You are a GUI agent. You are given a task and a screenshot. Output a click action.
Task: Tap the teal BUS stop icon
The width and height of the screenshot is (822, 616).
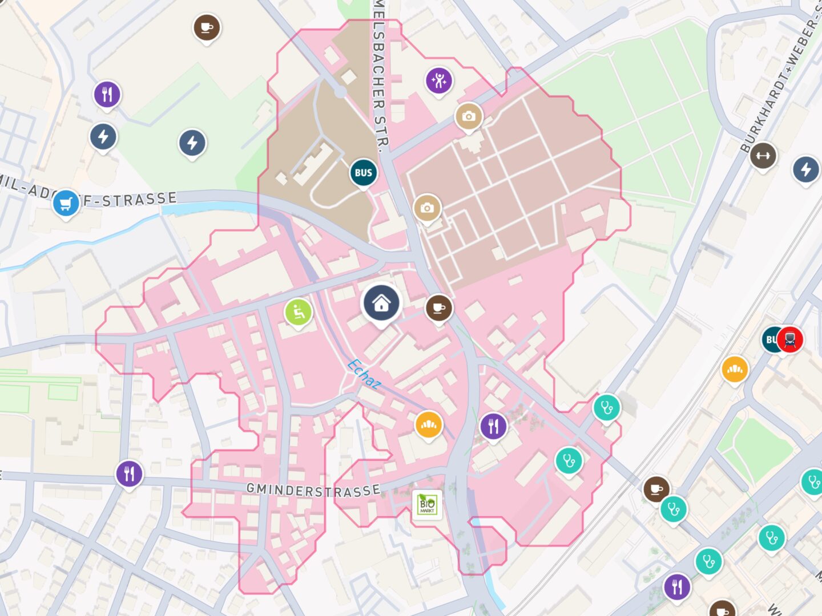click(363, 173)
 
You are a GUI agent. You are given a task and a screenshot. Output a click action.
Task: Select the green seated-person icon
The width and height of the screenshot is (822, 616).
click(298, 312)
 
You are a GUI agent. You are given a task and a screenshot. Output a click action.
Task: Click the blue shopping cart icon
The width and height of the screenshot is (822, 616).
click(66, 203)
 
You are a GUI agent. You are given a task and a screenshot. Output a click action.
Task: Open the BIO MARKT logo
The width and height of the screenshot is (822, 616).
click(427, 505)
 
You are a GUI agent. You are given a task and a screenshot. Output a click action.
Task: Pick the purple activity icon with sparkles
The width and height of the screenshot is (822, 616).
click(439, 81)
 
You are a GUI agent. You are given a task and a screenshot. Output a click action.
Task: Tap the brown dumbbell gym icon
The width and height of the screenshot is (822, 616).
click(763, 155)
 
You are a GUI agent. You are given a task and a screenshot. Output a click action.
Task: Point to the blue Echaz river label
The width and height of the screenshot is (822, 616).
click(364, 374)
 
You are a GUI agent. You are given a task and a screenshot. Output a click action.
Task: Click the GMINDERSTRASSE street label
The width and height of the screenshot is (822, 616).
click(313, 490)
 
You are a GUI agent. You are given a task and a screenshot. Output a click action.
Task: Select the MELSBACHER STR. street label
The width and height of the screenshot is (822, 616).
click(380, 74)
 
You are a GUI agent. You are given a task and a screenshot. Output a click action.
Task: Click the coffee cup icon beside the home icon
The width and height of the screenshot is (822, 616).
click(438, 308)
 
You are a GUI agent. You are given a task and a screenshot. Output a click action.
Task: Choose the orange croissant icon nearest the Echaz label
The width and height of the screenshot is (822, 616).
click(428, 424)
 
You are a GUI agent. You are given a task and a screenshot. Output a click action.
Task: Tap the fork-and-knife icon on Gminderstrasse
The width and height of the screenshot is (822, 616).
click(130, 473)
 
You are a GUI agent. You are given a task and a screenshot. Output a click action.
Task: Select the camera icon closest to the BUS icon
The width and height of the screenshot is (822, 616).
click(426, 208)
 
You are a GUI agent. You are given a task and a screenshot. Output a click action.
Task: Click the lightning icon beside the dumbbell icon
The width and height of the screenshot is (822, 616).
click(805, 169)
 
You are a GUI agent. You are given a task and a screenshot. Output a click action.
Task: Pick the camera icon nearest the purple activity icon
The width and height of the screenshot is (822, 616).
click(469, 116)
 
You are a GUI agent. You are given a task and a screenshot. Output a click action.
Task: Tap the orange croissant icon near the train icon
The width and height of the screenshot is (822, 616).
click(735, 370)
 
